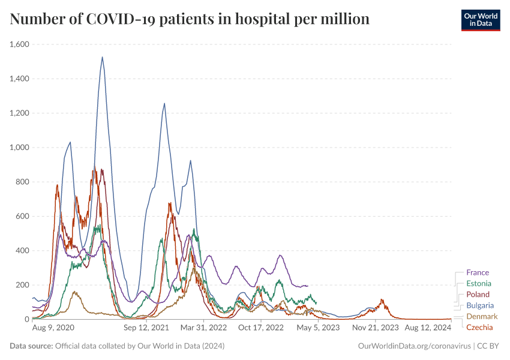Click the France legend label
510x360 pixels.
[477, 272]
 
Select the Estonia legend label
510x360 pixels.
[478, 283]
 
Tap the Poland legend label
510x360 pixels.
[478, 295]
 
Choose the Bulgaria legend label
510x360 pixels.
[480, 305]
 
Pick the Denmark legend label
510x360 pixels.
[481, 316]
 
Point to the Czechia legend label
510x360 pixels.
[479, 327]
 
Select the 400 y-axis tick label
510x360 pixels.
[22, 251]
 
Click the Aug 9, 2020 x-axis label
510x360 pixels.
[53, 328]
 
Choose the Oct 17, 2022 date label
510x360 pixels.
[260, 328]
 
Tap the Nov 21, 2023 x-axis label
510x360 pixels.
[375, 328]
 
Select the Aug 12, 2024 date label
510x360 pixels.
[427, 328]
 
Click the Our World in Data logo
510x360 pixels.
[481, 20]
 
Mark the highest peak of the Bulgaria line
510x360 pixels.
[102, 58]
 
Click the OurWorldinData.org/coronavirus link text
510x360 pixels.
[413, 346]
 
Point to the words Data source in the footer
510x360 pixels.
[31, 346]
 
